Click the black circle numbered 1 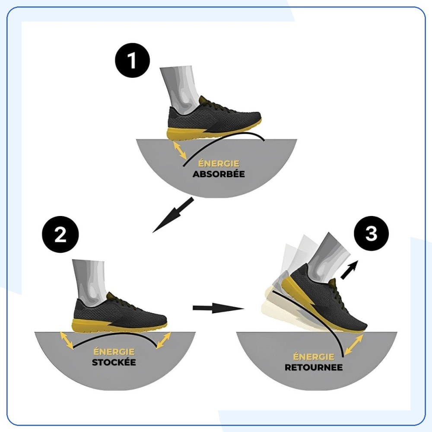[x=132, y=60]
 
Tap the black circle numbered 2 [x=60, y=235]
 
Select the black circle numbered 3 [x=371, y=233]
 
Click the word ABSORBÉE [x=219, y=174]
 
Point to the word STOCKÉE [x=114, y=362]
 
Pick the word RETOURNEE [x=314, y=367]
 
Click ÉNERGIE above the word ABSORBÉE [x=219, y=163]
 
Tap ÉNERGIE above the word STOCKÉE [x=114, y=351]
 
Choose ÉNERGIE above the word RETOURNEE [x=314, y=356]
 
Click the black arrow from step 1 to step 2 [x=173, y=215]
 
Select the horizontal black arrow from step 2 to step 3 [x=219, y=308]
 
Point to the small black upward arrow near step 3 [x=349, y=270]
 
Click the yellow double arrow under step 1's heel [x=180, y=150]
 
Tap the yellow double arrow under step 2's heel [x=67, y=341]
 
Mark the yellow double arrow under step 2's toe [x=164, y=340]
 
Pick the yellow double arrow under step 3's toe [x=353, y=344]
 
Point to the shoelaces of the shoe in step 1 [x=218, y=107]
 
